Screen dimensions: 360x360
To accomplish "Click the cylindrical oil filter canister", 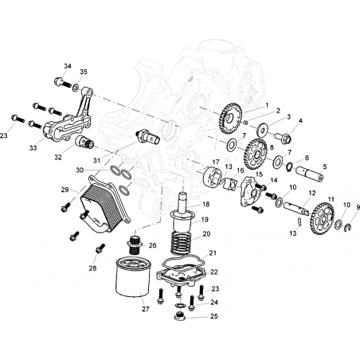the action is click(x=133, y=276).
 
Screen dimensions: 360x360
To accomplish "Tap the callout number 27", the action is click(x=145, y=309).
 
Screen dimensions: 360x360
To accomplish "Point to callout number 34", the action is click(x=68, y=66).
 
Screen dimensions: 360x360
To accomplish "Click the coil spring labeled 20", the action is click(x=182, y=242).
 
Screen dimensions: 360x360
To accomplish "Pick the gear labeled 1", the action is click(x=231, y=119).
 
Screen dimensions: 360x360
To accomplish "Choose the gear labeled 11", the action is click(x=322, y=218).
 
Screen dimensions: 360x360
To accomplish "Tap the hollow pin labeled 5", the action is click(x=310, y=174).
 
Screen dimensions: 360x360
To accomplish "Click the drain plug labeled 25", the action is click(x=179, y=316).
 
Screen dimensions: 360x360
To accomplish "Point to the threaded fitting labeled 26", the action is click(x=135, y=245).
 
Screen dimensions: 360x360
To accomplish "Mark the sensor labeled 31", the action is click(x=148, y=136).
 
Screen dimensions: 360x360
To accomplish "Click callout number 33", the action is click(x=33, y=148).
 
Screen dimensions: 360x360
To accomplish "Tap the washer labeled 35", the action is click(x=76, y=88).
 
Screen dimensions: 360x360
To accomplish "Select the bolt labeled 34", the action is click(x=62, y=83).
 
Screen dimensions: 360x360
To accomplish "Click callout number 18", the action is click(x=205, y=204).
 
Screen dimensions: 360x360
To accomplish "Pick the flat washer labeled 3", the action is click(x=263, y=130).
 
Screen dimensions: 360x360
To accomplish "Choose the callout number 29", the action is click(x=65, y=190).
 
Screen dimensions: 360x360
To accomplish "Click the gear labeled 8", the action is click(x=256, y=155).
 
